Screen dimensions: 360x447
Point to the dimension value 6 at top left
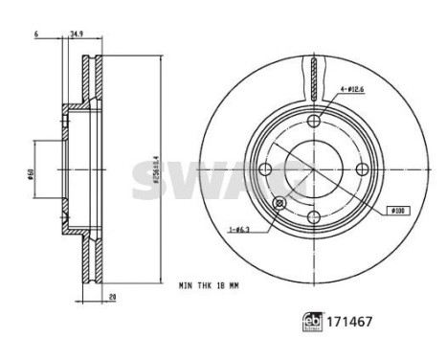(34, 35)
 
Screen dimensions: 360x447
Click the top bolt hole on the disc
(316, 121)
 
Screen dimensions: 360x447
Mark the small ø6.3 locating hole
(280, 203)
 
